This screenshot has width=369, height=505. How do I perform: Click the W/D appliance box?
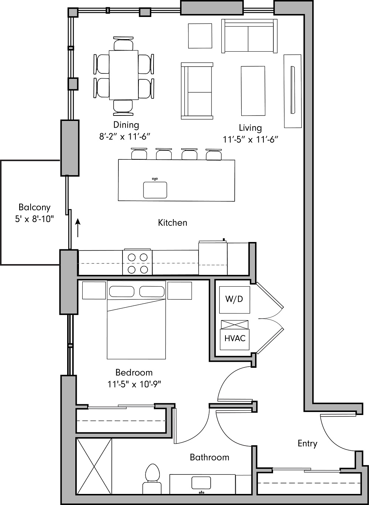234,298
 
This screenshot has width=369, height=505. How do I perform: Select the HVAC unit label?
235,338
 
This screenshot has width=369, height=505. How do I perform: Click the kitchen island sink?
155,190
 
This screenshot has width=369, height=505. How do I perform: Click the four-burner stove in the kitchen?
137,263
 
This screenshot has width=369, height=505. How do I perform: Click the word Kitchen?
172,223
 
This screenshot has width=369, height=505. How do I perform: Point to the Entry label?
307,443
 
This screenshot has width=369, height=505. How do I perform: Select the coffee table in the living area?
253,91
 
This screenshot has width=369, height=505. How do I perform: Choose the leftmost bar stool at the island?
139,154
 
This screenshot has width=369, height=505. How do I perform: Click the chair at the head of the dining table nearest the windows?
123,45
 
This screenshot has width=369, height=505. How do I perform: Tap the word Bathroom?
209,457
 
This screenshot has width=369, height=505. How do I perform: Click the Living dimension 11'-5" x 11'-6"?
250,139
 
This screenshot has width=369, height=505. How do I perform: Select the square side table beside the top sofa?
200,36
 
